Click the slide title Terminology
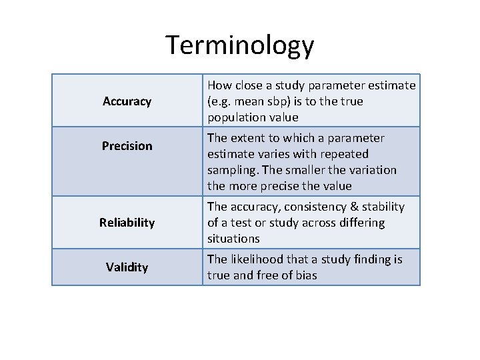[x=239, y=45]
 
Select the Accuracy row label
[x=127, y=101]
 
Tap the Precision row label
[x=127, y=145]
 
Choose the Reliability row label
[x=127, y=223]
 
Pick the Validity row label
[x=127, y=267]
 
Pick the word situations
[x=233, y=239]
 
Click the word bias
[x=305, y=275]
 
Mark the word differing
[x=361, y=223]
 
